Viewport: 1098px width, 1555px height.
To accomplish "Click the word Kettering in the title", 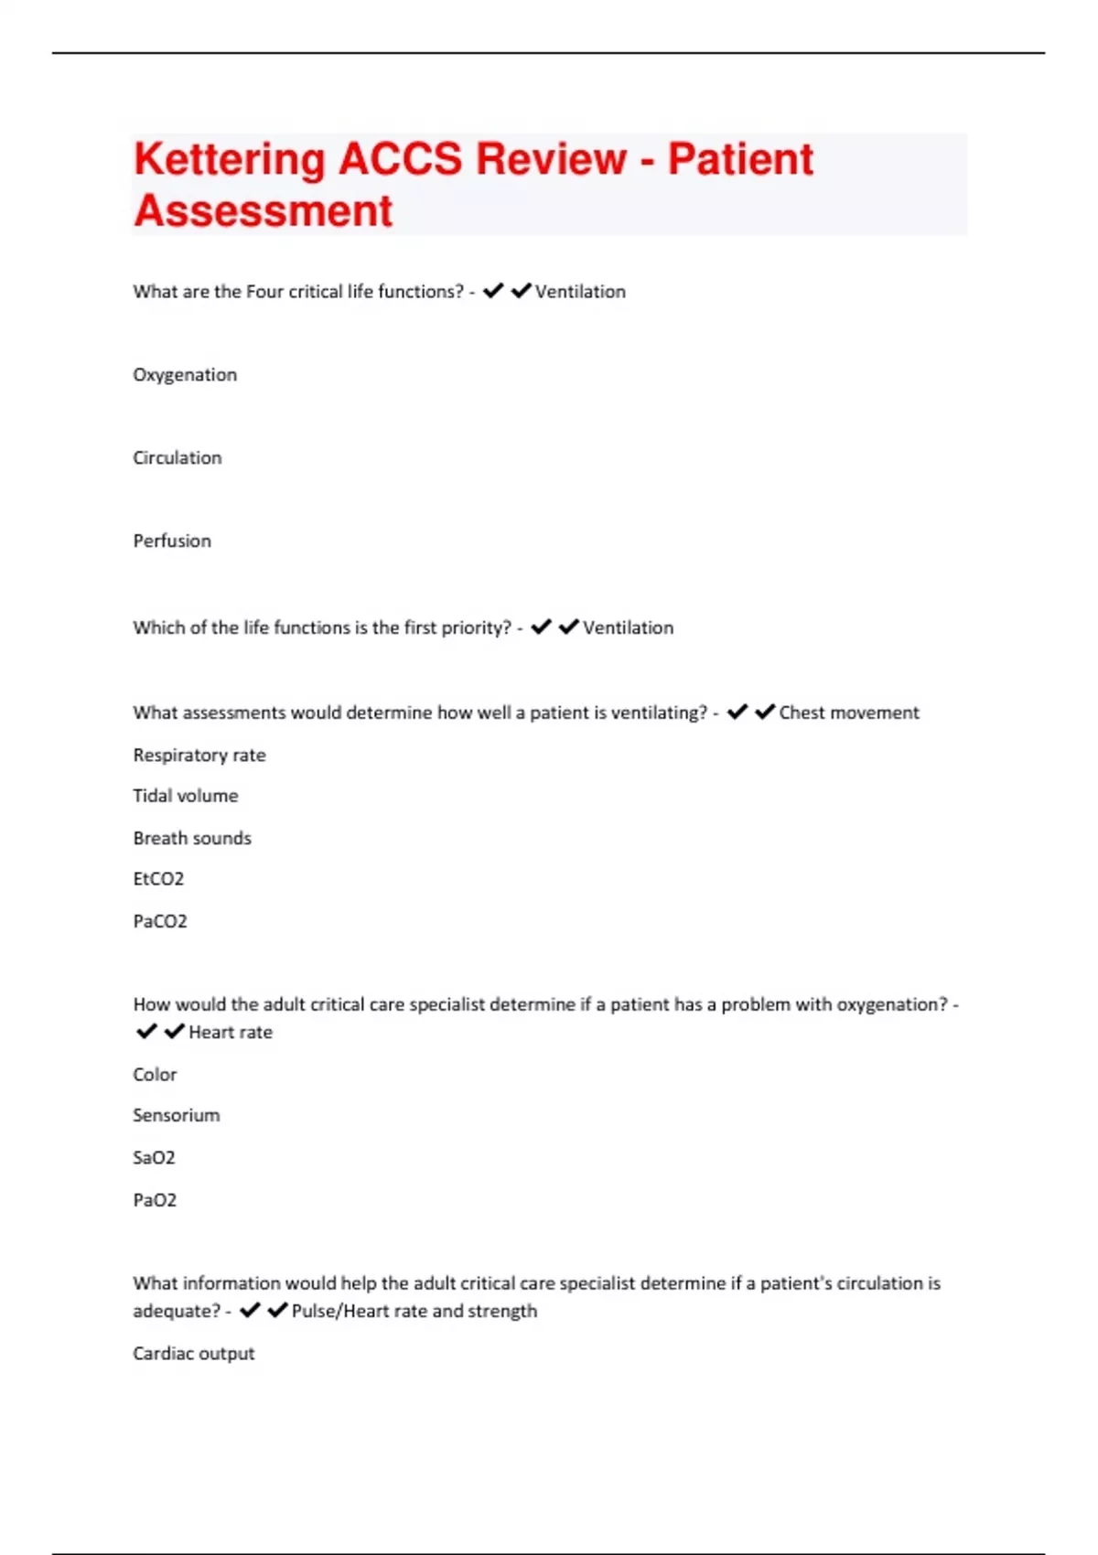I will (x=229, y=159).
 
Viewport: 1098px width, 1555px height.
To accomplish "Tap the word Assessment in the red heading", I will (x=264, y=210).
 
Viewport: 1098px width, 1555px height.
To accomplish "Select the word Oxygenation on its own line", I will (x=185, y=375).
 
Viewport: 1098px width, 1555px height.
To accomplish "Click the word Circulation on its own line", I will (x=178, y=458).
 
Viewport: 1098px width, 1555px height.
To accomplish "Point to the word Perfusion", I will (x=172, y=542).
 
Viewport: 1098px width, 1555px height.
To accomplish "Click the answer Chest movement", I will (x=848, y=713).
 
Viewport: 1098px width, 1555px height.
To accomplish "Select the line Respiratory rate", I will (x=199, y=756).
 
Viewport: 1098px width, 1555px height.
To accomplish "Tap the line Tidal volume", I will (x=186, y=796).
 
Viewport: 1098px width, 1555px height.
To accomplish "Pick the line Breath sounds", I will (x=192, y=838).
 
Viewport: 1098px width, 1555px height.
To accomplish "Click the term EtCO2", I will (x=158, y=879).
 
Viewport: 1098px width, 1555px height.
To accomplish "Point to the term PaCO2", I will (x=160, y=921).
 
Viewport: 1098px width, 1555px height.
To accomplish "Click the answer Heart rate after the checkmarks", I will (x=231, y=1033).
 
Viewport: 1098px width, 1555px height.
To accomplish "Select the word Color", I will (x=155, y=1075).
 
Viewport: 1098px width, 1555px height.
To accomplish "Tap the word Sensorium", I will (x=177, y=1116).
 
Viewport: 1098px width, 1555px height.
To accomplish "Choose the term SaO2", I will (x=154, y=1158).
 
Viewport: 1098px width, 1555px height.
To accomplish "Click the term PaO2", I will (x=155, y=1200).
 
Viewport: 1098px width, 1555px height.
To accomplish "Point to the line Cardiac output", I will (x=194, y=1354).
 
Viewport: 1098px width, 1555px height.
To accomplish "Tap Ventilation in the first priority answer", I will (x=628, y=628).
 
